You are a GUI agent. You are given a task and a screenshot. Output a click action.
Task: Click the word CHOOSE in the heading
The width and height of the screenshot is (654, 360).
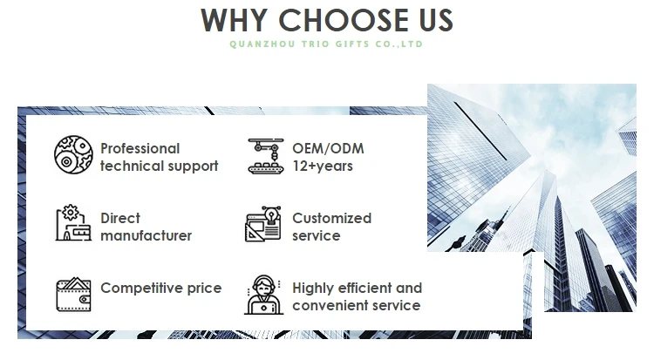[344, 20]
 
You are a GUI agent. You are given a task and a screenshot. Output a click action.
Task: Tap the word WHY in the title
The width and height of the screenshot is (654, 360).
[234, 20]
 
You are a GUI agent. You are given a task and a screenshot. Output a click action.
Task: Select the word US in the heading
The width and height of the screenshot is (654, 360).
[436, 20]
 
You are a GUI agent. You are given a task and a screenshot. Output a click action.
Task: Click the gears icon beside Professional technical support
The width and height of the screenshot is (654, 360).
[73, 154]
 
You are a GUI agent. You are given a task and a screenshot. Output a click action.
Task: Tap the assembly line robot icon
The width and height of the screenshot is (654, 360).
[266, 156]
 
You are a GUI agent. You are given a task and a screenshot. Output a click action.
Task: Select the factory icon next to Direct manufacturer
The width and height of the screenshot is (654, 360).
[73, 222]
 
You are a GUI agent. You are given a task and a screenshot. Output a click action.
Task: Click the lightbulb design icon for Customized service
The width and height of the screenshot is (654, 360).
[262, 224]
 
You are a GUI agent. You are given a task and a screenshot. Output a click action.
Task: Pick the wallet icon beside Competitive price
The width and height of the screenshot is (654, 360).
[73, 294]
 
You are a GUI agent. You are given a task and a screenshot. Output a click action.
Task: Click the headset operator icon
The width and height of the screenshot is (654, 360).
[263, 295]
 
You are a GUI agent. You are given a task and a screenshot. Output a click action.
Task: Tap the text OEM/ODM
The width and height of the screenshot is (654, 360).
[328, 148]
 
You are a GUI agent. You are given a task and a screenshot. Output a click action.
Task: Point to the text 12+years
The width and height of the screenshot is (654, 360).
[323, 166]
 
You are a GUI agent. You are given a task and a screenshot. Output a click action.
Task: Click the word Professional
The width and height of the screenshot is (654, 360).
[140, 148]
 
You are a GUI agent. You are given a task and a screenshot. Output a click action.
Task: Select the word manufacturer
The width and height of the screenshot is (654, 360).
[146, 235]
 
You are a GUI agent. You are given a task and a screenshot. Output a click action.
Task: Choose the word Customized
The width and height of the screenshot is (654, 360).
[331, 218]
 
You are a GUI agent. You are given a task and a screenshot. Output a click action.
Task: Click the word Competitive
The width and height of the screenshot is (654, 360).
[142, 289]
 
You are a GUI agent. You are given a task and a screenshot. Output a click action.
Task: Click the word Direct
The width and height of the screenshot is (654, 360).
[120, 218]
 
